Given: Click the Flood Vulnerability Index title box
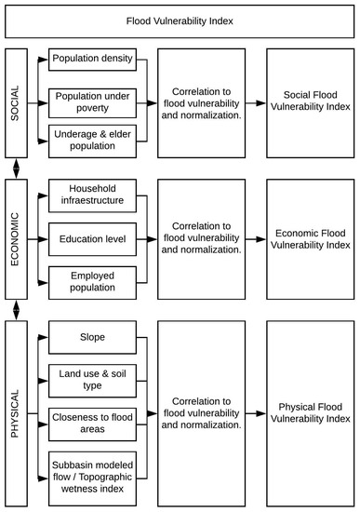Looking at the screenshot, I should point(180,20).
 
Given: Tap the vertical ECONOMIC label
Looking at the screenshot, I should point(16,238).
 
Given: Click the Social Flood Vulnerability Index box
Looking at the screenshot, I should point(308,101).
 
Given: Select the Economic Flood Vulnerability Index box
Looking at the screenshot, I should point(308,239).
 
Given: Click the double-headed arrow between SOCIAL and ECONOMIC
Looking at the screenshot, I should point(16,168).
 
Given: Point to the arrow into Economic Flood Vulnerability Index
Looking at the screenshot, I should point(254,239).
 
